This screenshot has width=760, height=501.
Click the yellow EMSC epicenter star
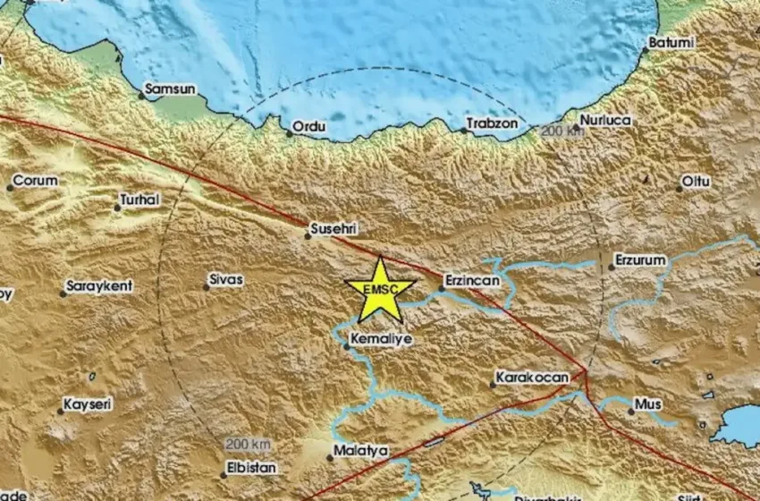(x=380, y=290)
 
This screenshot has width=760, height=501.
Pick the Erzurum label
(x=640, y=260)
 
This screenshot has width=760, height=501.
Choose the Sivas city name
(x=225, y=280)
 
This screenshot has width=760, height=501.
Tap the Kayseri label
(x=88, y=404)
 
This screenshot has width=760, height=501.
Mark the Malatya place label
(x=359, y=451)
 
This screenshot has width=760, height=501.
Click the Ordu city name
(x=310, y=128)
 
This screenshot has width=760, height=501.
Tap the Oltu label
(x=696, y=182)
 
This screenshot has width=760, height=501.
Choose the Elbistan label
(x=252, y=468)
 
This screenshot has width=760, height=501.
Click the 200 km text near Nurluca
(x=562, y=132)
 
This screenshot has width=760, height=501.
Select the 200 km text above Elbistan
(x=248, y=445)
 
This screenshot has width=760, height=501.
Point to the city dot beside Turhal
(x=117, y=208)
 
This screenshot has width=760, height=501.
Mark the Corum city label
(x=36, y=181)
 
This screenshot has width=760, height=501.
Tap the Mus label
(x=648, y=404)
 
